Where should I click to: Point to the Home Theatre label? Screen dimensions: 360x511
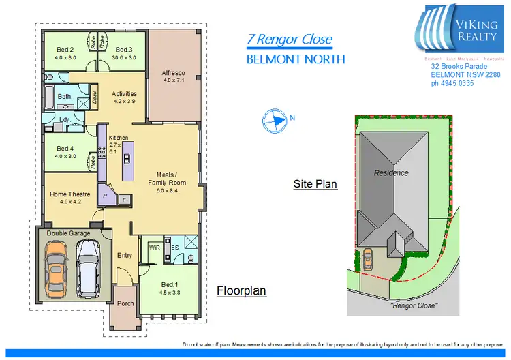pos(70,194)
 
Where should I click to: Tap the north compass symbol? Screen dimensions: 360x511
pos(274,120)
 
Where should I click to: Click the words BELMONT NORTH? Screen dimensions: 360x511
pos(295,59)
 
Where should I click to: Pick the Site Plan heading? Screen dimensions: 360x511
pos(315,184)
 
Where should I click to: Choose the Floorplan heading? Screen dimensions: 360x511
pos(241,291)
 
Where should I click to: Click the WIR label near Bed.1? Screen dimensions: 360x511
pos(154,249)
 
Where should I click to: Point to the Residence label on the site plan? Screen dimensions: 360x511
pos(391,173)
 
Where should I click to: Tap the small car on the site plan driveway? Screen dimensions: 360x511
pos(368,259)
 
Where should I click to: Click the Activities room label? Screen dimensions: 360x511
pos(125,94)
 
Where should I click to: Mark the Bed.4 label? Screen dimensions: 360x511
pos(65,149)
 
